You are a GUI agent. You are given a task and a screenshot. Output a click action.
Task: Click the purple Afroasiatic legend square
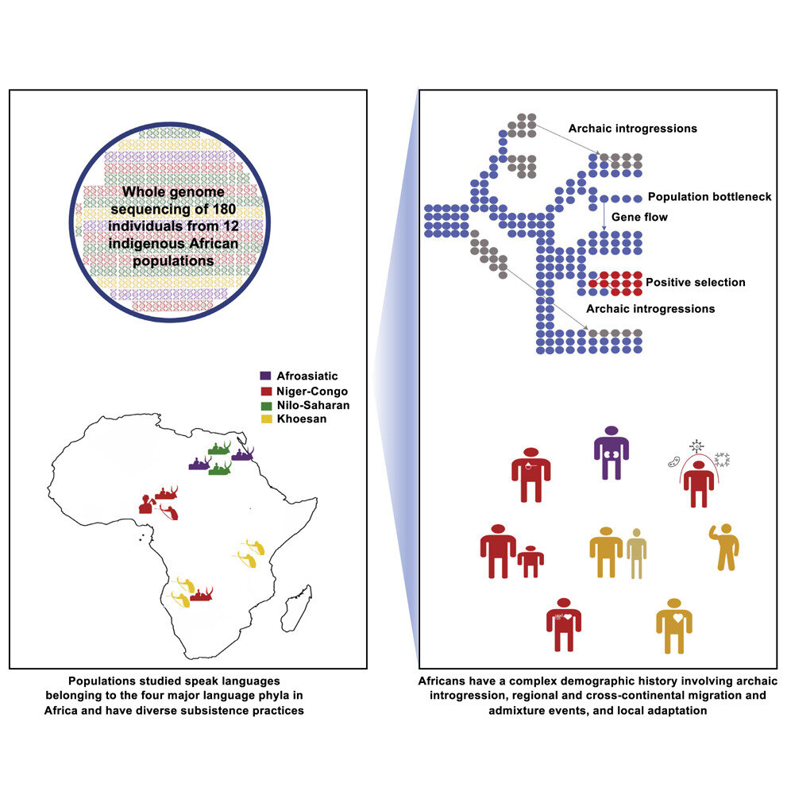click(x=265, y=373)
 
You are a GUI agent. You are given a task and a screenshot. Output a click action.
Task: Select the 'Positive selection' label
click(x=696, y=282)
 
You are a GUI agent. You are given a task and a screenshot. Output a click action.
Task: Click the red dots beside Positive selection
click(x=614, y=282)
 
